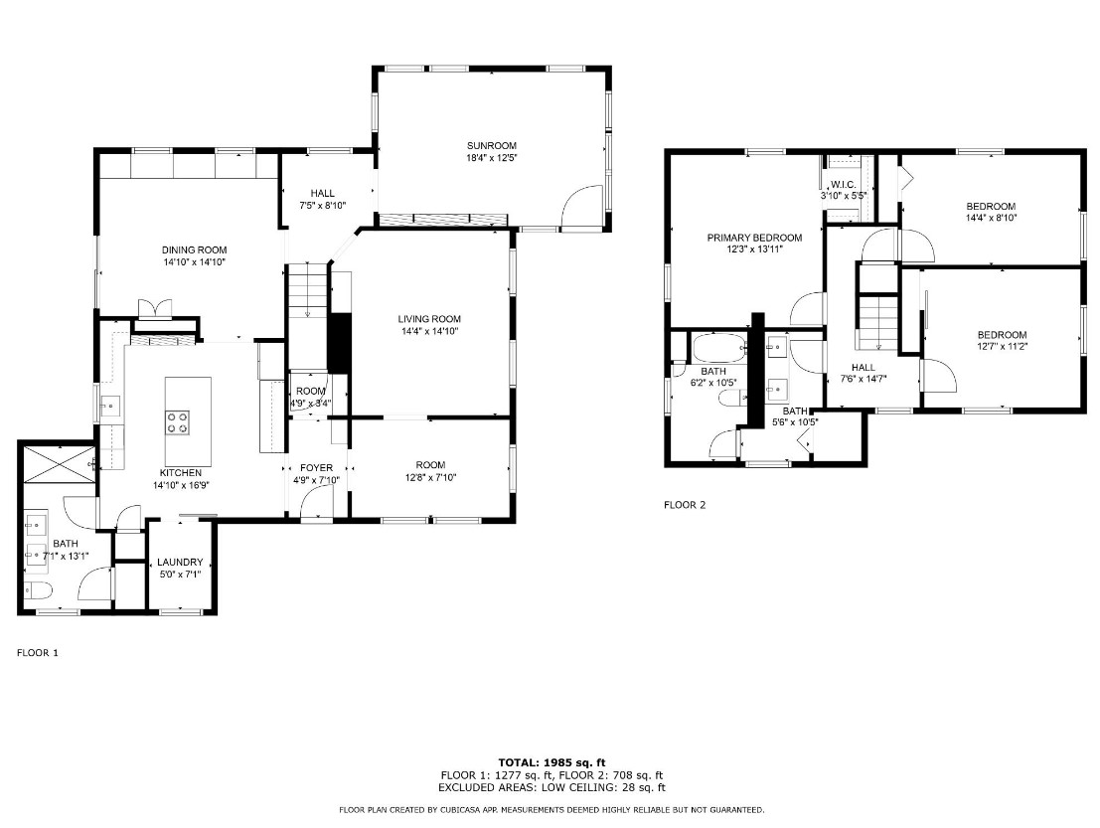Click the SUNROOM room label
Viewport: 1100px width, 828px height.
492,146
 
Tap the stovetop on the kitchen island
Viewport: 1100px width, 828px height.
178,423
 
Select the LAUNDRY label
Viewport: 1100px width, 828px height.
180,562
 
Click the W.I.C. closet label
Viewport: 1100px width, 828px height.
844,184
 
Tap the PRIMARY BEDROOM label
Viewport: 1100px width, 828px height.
754,238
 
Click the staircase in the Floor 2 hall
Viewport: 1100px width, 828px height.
878,323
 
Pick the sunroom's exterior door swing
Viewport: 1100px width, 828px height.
583,207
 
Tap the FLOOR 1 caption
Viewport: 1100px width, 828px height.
38,653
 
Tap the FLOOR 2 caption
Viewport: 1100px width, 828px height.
684,505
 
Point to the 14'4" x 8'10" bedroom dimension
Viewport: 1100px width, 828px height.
990,217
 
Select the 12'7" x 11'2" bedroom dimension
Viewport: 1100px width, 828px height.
1002,346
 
